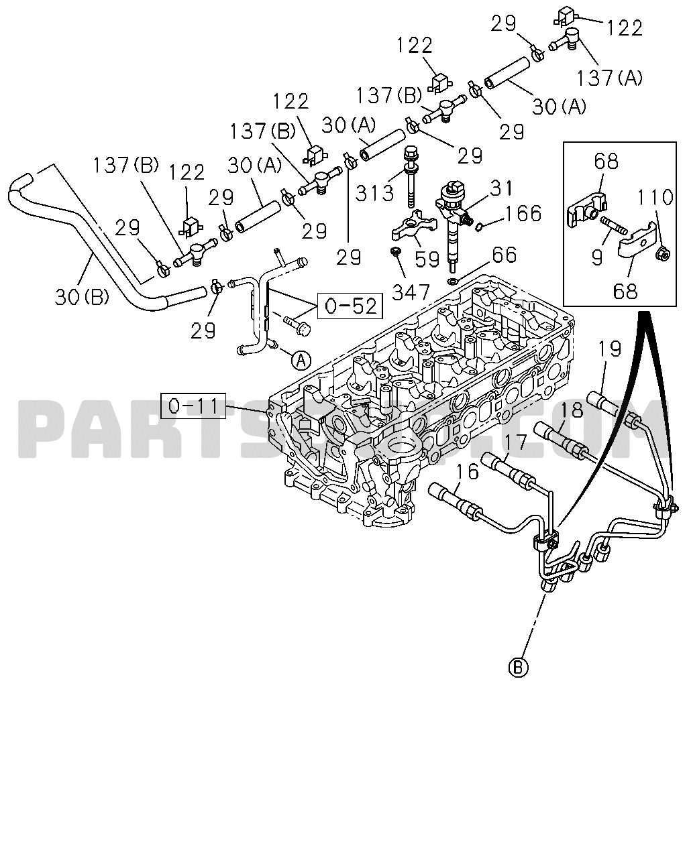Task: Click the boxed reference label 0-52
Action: click(x=350, y=306)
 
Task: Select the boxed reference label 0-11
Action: click(x=193, y=406)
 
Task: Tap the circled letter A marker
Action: click(x=301, y=360)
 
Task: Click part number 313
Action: click(x=374, y=193)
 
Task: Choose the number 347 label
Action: click(x=411, y=292)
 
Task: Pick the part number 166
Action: click(x=523, y=213)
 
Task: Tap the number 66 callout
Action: click(x=505, y=255)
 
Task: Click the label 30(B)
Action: click(x=82, y=297)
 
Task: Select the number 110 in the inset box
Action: click(x=655, y=197)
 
